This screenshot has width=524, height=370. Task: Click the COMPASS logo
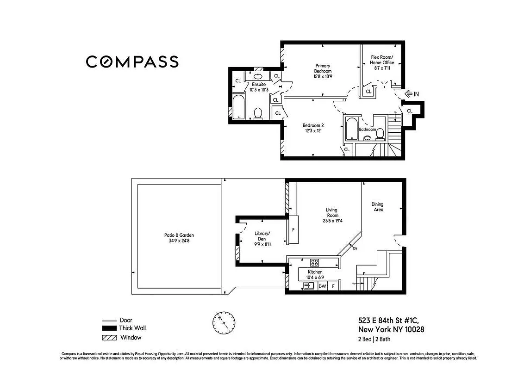pos(132,62)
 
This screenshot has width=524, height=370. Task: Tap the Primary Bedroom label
pos(323,71)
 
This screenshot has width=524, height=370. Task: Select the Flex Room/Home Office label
pos(382,62)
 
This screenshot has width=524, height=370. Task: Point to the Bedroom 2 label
pos(313,128)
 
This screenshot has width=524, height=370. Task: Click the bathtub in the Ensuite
pos(239,107)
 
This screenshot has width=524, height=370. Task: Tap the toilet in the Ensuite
pos(258,113)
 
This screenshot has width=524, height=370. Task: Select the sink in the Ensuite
pos(259,76)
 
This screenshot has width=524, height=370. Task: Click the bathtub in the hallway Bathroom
pos(351,128)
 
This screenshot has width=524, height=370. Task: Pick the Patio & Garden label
pos(179,238)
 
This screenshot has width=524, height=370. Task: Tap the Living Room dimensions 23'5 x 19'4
pos(332,221)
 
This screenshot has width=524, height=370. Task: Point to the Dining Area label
pos(377,207)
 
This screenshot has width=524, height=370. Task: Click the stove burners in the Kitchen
pos(314,262)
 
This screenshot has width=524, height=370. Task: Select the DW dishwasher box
pos(322,286)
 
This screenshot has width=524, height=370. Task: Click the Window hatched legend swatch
pos(109,338)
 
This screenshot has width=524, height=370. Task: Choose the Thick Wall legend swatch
pos(109,328)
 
